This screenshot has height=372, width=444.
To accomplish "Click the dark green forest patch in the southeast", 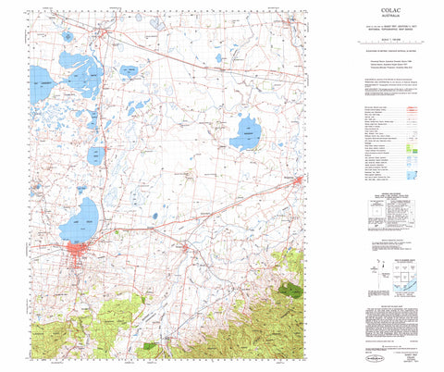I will [292, 289].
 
